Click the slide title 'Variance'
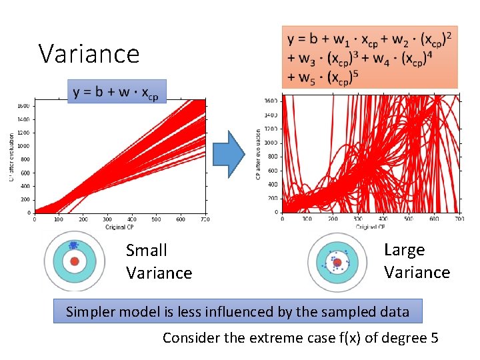coord(89,53)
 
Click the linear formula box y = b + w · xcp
coord(117,91)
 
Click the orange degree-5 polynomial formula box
coord(370,57)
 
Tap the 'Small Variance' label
coord(159,261)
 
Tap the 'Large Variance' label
coord(417,261)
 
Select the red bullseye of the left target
coord(75,261)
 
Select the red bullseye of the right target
coord(337,262)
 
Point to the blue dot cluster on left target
coord(73,245)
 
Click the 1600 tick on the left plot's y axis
coord(23,106)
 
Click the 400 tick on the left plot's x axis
coord(132,219)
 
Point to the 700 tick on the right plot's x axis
coord(459,219)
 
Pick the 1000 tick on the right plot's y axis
coord(271,142)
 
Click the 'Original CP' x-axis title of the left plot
coord(119,227)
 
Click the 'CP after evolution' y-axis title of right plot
coord(259,154)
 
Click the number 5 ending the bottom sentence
coord(434,338)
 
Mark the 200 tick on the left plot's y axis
coord(25,199)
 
